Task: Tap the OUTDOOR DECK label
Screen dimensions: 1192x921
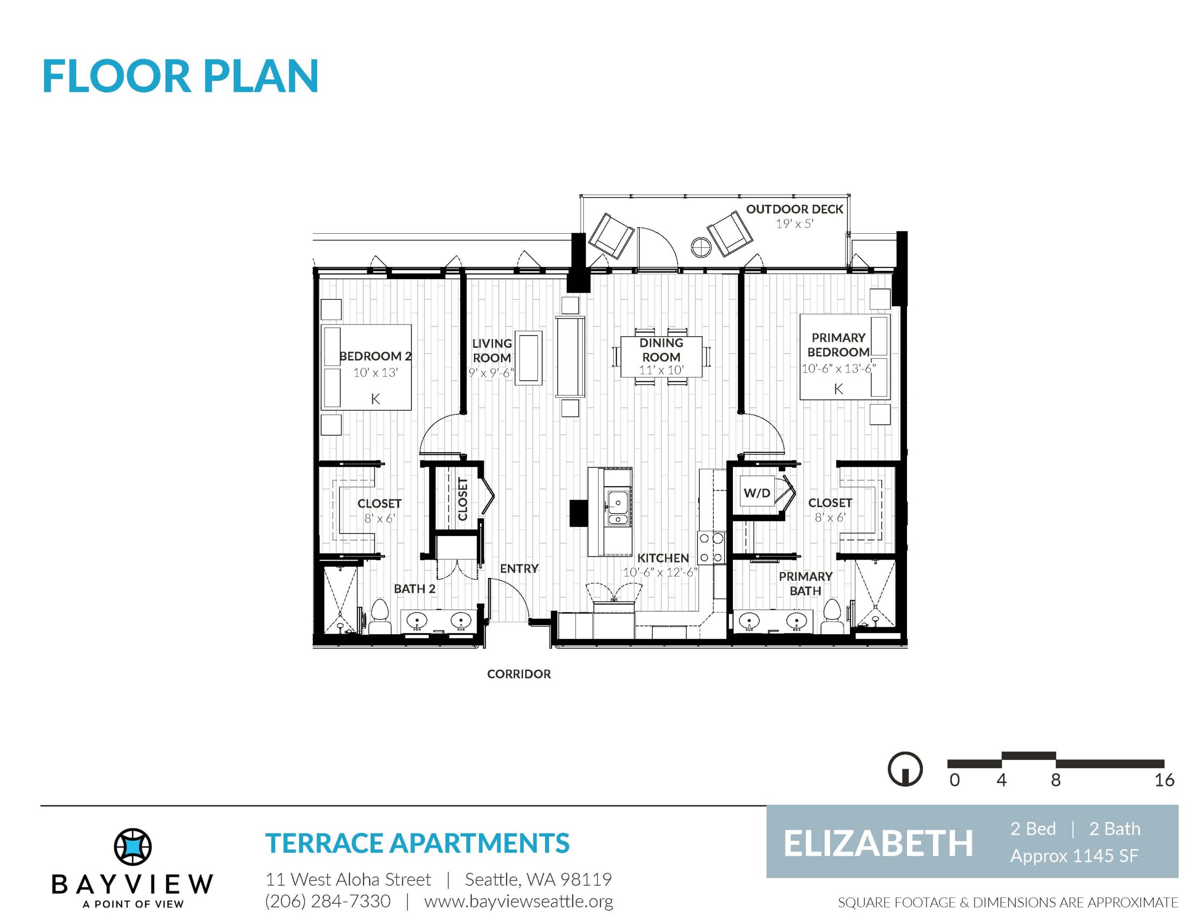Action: click(795, 209)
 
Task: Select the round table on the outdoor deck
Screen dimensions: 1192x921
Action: click(700, 247)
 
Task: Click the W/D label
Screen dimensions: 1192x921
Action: click(757, 493)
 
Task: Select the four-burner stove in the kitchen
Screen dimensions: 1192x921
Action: click(711, 548)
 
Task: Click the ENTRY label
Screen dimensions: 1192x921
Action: click(519, 569)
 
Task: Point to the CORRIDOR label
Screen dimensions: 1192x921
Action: click(519, 674)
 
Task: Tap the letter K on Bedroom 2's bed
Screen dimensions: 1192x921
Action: click(375, 399)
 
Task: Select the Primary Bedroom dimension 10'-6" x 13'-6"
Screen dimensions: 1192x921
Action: click(838, 368)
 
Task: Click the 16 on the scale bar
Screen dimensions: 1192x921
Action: click(1164, 780)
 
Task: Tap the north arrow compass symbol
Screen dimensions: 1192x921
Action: click(906, 769)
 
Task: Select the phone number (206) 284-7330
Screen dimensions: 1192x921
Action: click(327, 901)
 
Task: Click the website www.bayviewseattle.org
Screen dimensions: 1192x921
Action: click(519, 901)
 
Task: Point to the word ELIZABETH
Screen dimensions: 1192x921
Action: click(878, 844)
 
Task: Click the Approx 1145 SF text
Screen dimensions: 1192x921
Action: click(1074, 856)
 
